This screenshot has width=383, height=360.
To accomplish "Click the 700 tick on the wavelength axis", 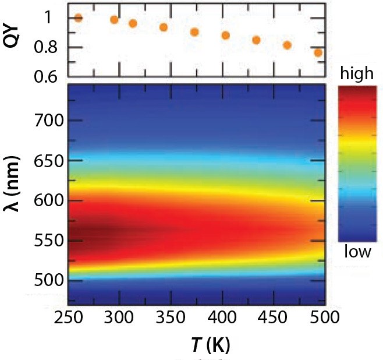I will coord(49,121).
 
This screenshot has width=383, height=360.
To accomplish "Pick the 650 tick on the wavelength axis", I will coord(49,161).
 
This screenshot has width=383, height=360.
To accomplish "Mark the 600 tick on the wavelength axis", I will coord(49,200).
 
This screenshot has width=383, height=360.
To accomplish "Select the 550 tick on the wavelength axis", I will coord(49,241).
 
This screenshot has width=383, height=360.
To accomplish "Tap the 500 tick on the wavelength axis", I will coord(49,280).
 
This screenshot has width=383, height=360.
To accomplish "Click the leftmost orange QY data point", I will coord(78,18).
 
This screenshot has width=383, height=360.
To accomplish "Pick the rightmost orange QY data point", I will coord(318,53).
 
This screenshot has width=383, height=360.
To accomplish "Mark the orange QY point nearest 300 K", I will coord(114,20).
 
